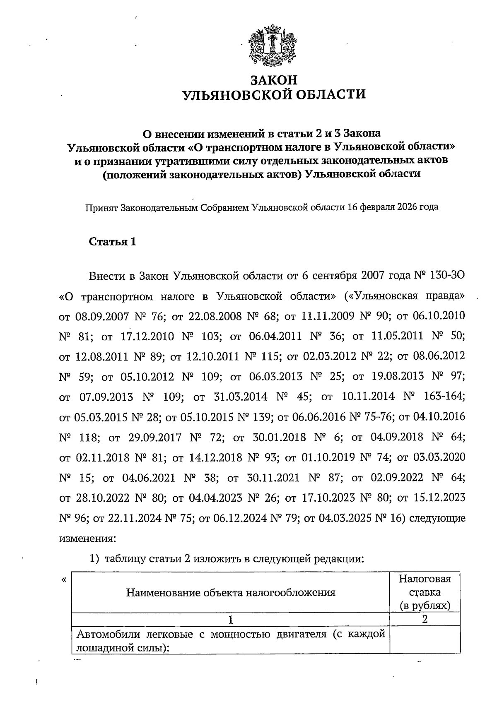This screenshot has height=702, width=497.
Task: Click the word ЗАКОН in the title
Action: (274, 79)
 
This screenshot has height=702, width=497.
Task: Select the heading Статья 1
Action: (113, 242)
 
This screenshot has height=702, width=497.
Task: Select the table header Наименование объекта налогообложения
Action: (231, 592)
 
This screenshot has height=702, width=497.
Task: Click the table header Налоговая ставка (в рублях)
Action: (425, 592)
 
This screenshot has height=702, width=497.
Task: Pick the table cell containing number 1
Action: (230, 620)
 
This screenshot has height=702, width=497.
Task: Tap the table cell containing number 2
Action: (425, 620)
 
